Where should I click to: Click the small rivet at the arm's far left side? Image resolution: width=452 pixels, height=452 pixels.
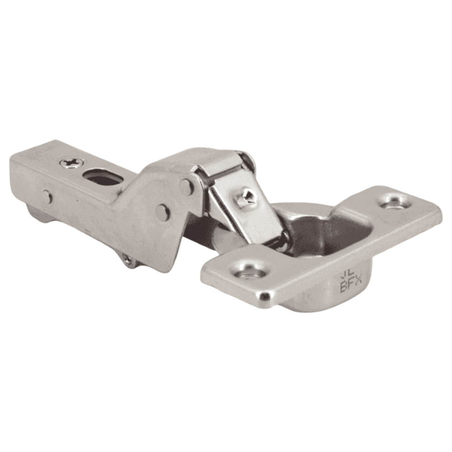47,197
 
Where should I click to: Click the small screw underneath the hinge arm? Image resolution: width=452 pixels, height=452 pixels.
128,259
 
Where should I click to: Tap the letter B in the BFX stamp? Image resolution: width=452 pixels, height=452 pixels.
343,287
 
